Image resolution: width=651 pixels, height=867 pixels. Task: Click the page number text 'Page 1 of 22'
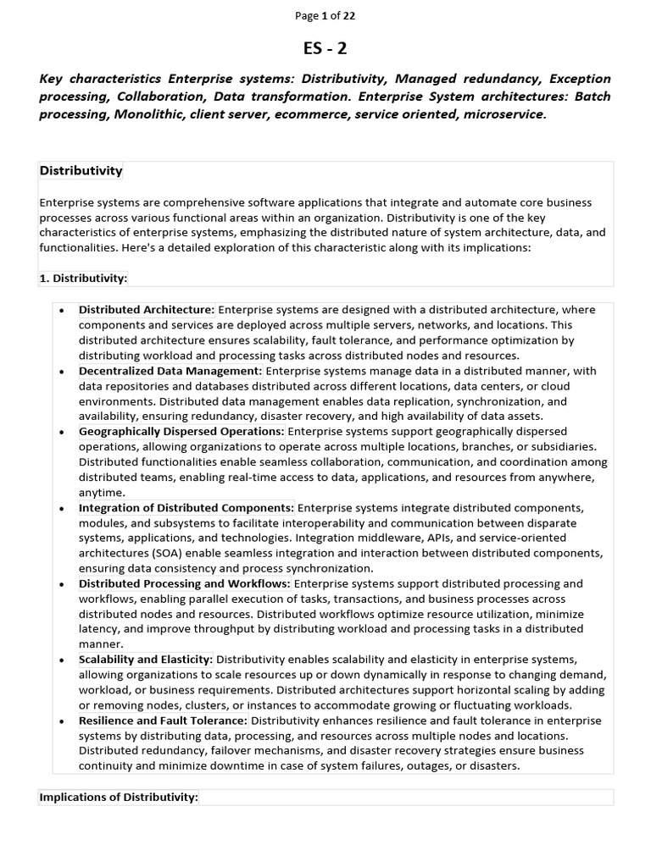(325, 15)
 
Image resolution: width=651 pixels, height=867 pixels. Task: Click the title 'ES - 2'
(325, 47)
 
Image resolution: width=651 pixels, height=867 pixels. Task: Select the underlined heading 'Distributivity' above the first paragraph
(81, 171)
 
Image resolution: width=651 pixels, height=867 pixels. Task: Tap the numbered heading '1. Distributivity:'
(83, 278)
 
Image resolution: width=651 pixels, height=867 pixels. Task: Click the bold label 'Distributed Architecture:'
(147, 310)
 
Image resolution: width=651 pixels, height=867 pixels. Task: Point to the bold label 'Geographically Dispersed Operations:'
(181, 432)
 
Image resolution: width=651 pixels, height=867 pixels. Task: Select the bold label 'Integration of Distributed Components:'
(186, 508)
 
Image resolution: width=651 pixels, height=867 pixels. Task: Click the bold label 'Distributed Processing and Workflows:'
(185, 584)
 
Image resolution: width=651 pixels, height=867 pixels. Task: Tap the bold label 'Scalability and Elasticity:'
(146, 660)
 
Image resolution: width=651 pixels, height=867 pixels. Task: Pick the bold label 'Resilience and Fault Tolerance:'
(163, 721)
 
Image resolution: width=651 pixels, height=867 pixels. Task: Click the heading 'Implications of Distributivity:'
(119, 798)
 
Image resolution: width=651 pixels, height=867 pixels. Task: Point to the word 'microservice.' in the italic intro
(505, 113)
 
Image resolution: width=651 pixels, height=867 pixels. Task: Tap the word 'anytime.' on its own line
(102, 493)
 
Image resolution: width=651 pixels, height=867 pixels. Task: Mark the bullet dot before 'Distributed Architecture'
(62, 311)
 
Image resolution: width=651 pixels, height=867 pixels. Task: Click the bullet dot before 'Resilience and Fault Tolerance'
(62, 721)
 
